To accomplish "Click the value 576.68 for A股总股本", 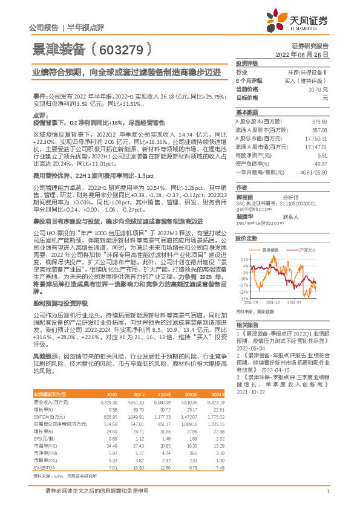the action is (x=319, y=122).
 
